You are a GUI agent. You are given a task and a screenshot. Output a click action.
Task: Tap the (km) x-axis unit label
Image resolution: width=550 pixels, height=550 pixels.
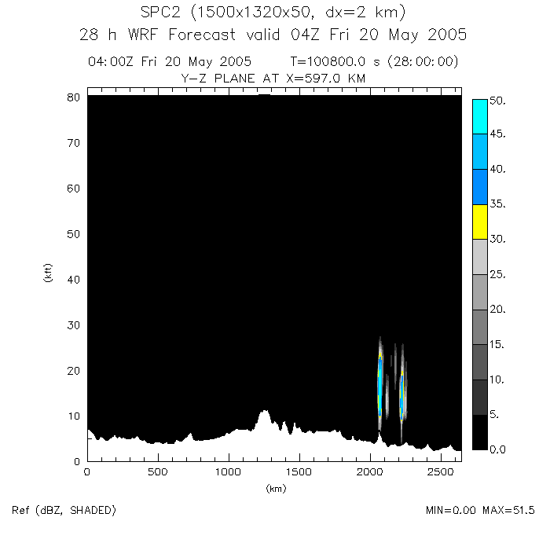(x=275, y=488)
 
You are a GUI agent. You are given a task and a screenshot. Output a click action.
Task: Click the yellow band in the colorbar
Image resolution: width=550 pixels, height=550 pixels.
(x=479, y=221)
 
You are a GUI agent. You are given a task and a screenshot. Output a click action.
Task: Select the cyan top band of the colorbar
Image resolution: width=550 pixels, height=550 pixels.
(x=479, y=116)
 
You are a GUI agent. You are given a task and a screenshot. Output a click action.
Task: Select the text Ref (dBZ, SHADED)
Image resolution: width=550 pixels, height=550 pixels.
(x=64, y=511)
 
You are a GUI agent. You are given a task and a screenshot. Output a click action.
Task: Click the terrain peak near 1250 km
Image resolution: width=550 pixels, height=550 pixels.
(x=264, y=412)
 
